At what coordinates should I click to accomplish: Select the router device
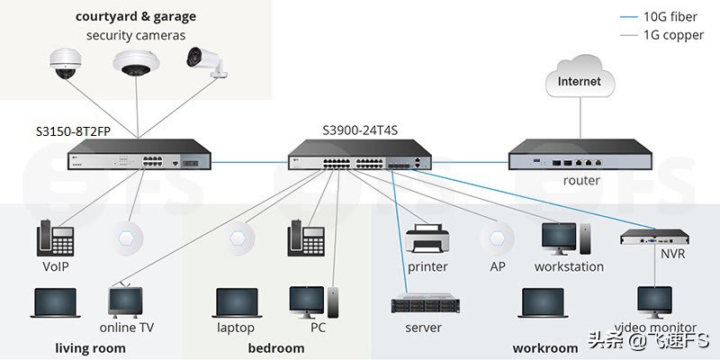(x=580, y=154)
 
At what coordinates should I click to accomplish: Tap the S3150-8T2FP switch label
(x=74, y=131)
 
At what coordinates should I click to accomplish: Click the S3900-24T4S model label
(x=360, y=130)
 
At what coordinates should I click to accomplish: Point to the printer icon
(x=427, y=238)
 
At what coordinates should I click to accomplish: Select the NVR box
(x=654, y=237)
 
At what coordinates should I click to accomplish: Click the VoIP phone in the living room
(x=55, y=238)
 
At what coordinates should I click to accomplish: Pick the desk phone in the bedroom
(x=306, y=238)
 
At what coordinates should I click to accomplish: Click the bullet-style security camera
(x=207, y=61)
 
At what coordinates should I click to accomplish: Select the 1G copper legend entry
(x=661, y=35)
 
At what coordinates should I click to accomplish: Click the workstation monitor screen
(x=559, y=237)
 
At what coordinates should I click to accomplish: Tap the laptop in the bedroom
(x=237, y=302)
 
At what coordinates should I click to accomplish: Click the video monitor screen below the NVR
(x=654, y=300)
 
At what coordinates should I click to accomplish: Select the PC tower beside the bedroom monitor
(x=334, y=302)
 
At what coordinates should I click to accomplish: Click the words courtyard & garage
(x=136, y=17)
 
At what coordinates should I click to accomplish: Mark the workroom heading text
(x=545, y=348)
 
